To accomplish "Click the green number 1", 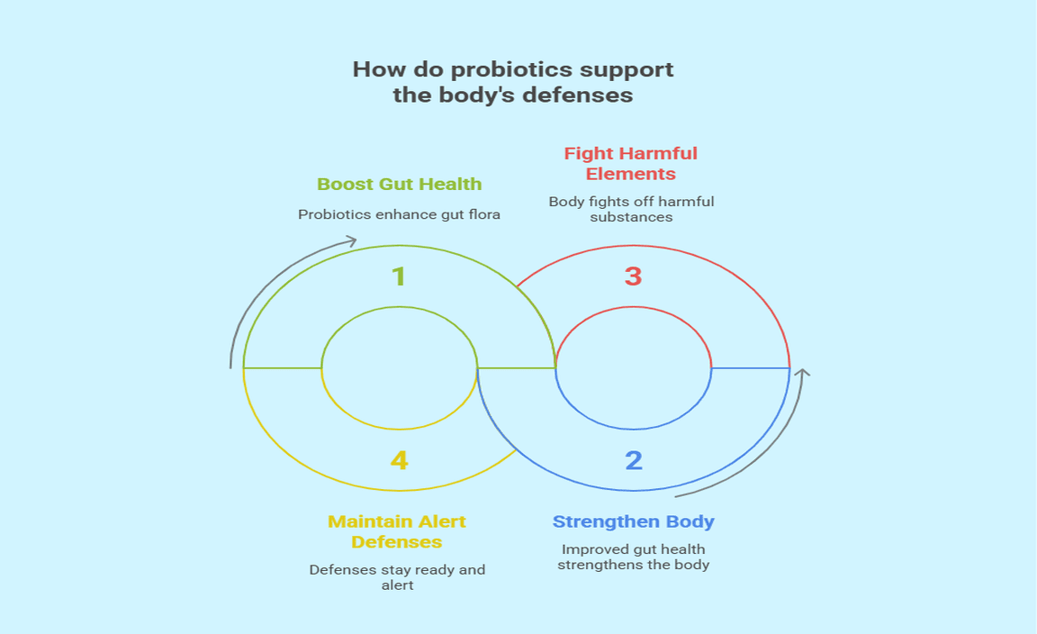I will [x=399, y=276].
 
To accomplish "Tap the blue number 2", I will [x=634, y=461].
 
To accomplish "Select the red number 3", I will [x=633, y=276].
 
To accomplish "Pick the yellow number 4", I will [x=399, y=461].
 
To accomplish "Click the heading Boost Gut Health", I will [x=399, y=184].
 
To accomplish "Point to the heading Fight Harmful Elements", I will [x=630, y=163].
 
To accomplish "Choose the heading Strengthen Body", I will [x=633, y=521].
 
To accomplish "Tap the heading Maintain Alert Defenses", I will [x=397, y=531].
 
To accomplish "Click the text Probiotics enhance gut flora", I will [x=399, y=214].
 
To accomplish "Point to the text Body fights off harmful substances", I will [x=631, y=209].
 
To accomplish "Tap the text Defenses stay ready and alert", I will [x=397, y=576].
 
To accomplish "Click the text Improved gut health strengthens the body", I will [x=634, y=557].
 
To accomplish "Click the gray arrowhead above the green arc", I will [x=351, y=240].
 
